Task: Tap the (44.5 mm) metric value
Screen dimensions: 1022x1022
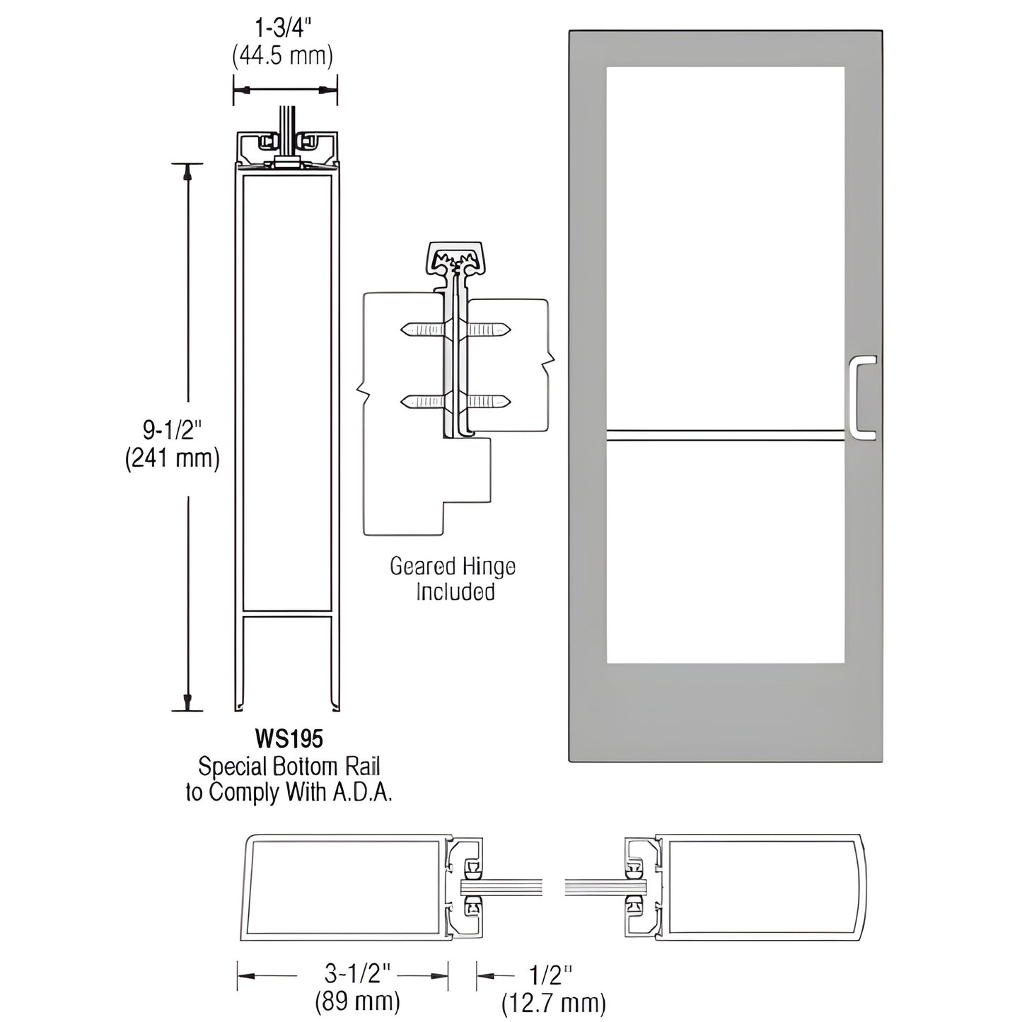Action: click(x=282, y=56)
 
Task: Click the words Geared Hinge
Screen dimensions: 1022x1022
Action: click(x=453, y=566)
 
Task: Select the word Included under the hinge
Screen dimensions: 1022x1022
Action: click(x=454, y=591)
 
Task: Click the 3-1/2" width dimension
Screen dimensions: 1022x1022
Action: click(x=347, y=975)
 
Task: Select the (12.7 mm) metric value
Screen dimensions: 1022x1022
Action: click(x=553, y=1002)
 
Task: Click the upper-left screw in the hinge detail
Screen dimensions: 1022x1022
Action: click(x=423, y=329)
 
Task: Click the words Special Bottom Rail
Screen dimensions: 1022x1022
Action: click(x=289, y=766)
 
